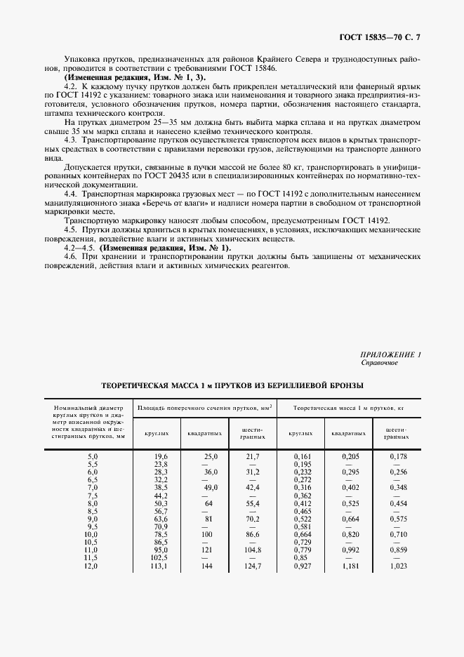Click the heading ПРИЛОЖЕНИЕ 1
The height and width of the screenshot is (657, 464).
coord(391,354)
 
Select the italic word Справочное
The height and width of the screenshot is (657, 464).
coord(380,363)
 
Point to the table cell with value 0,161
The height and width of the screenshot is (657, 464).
coord(303,456)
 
